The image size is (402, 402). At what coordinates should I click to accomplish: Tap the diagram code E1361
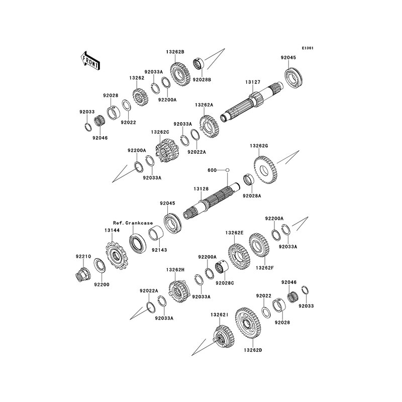click(308, 48)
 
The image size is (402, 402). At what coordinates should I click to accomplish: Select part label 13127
click(252, 82)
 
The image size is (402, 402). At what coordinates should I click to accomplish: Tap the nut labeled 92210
click(80, 275)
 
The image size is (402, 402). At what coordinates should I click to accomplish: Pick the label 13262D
click(254, 350)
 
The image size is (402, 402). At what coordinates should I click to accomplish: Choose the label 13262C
click(159, 132)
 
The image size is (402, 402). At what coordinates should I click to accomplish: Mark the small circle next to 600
click(227, 170)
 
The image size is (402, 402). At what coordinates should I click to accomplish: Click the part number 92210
click(83, 256)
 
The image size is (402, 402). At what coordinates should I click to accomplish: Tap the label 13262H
click(176, 269)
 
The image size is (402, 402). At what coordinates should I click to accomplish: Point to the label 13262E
click(235, 233)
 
